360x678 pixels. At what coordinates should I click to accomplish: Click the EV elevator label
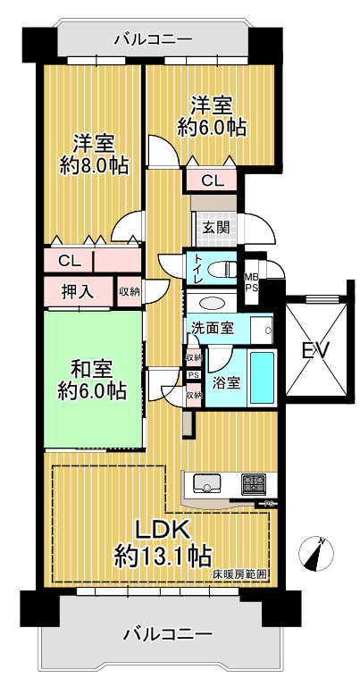point(315,350)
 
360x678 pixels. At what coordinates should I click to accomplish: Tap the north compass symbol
point(316,554)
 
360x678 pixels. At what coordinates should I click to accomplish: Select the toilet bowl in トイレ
point(222,270)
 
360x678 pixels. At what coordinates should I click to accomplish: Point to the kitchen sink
point(206,482)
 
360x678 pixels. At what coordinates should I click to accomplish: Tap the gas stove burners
point(254,484)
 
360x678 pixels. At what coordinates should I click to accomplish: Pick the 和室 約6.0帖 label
point(93,381)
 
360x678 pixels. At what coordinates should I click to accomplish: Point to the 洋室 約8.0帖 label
point(94,155)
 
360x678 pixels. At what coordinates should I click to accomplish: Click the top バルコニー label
point(153,40)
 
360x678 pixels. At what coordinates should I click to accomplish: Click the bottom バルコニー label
point(169,634)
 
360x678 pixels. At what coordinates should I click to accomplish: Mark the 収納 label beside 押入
point(130,292)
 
